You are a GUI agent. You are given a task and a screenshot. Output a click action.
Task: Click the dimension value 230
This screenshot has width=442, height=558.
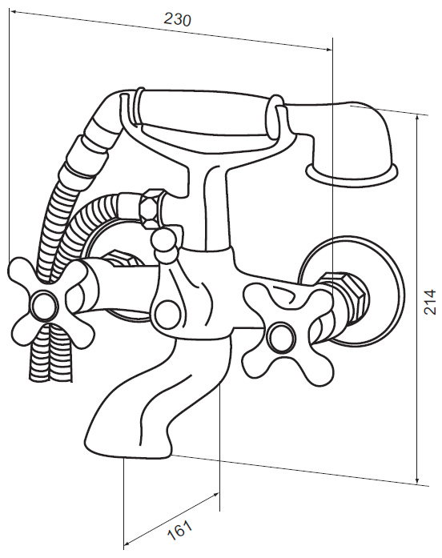point(177,19)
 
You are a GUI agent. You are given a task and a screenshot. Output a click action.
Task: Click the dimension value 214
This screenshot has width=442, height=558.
point(430,302)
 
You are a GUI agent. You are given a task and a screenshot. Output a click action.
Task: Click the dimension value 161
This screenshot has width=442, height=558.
point(180,530)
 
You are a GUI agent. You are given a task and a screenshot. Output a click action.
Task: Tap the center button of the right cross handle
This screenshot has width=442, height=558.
point(282,337)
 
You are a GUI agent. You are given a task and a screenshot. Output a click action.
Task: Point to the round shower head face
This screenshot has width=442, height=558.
point(352,175)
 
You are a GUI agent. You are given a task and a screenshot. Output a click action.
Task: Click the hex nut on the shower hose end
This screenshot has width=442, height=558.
point(152,208)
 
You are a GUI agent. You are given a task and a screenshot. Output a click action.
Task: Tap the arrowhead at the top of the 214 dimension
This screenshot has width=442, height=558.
point(417,118)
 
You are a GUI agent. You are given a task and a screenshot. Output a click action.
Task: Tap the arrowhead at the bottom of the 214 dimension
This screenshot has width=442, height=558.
point(417,480)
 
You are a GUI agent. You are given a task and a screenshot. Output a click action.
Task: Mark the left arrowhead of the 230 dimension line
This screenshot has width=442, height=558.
point(14,12)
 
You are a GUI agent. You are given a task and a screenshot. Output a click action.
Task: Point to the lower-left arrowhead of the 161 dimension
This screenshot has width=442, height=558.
point(128,543)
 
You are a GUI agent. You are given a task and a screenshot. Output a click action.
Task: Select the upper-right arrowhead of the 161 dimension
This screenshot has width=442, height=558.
point(215,495)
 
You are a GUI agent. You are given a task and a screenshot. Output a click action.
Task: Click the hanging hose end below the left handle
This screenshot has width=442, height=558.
point(51,356)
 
